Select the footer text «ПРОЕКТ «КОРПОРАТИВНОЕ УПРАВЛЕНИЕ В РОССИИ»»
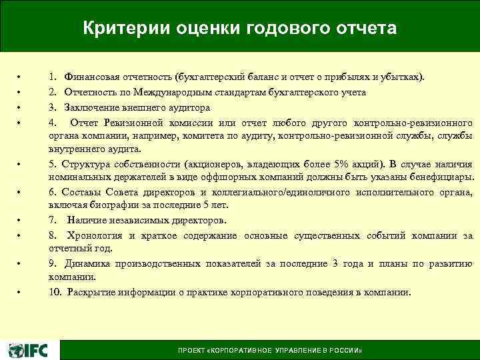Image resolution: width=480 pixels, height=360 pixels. click(x=270, y=351)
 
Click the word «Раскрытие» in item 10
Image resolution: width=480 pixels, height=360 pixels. click(x=87, y=292)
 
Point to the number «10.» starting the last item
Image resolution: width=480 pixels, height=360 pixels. click(x=55, y=292)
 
